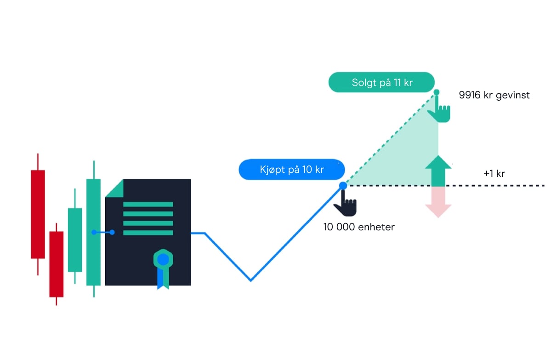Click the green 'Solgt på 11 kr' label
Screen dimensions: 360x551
point(381,83)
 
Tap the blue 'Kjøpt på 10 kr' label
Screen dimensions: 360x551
point(291,170)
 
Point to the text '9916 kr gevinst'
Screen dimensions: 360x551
point(494,95)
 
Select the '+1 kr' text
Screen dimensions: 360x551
point(494,174)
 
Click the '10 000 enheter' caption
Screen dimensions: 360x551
point(359,227)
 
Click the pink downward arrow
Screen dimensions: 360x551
point(438,202)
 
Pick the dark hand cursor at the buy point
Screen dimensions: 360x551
point(346,204)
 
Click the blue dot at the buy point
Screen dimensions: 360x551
point(343,185)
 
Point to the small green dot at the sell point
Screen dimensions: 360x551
point(437,92)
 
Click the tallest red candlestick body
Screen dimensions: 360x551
point(38,214)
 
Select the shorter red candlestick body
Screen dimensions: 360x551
point(56,264)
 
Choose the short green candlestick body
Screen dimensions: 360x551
point(75,240)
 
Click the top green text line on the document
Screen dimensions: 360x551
point(148,204)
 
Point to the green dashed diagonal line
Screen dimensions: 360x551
point(391,138)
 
